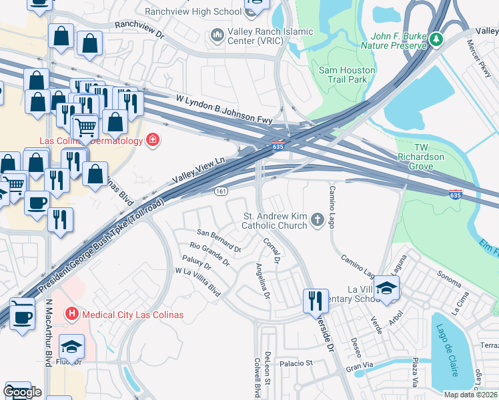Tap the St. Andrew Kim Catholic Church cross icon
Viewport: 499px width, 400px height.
click(318, 219)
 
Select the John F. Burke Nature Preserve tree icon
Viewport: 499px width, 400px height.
click(436, 39)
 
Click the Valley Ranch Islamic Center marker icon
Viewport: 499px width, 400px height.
click(217, 35)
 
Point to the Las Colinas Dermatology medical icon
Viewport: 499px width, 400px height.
click(152, 140)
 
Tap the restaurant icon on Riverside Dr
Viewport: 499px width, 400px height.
click(314, 301)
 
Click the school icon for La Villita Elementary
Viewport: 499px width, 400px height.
click(386, 288)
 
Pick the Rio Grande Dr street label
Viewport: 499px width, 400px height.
click(209, 253)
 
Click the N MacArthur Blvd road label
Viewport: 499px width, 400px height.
click(49, 333)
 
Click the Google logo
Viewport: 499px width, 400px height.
click(23, 392)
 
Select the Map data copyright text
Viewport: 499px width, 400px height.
click(471, 395)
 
